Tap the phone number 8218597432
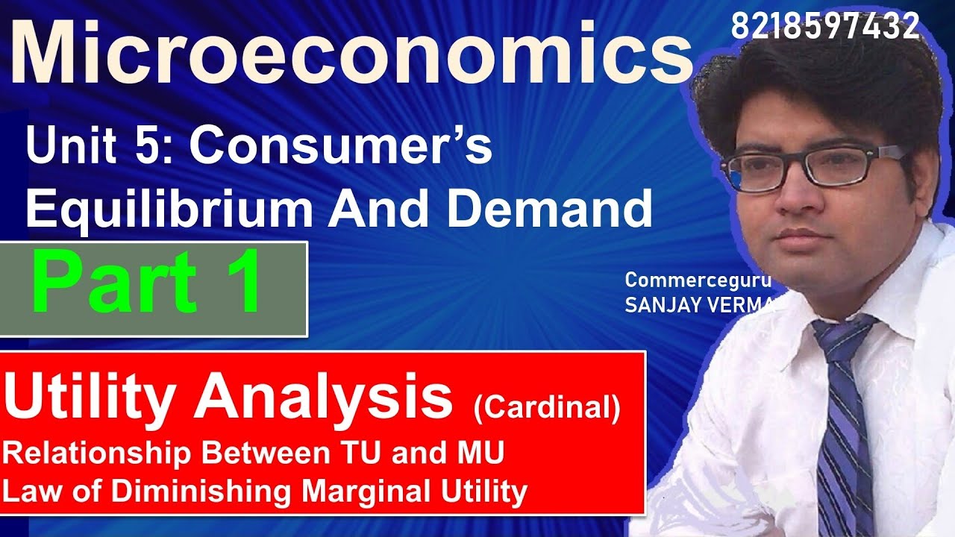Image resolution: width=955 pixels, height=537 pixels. pyautogui.click(x=824, y=27)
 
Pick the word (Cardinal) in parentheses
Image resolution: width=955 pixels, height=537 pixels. pyautogui.click(x=546, y=409)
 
